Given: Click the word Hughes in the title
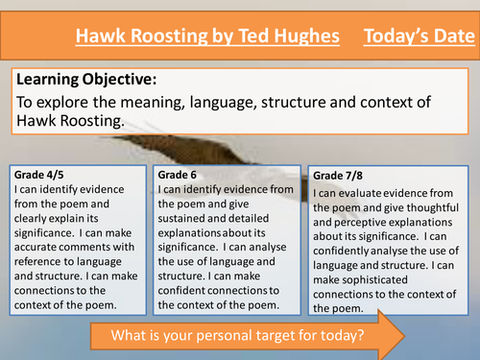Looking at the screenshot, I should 304,37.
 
